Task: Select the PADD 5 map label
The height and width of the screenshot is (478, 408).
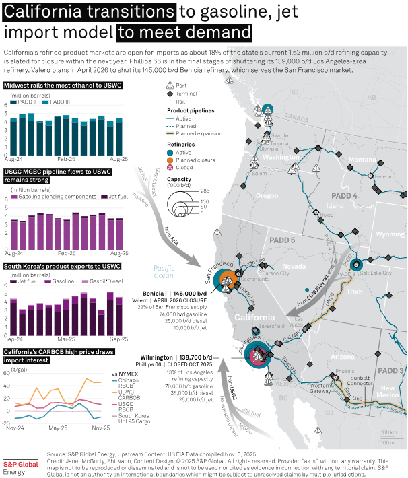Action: pos(282,240)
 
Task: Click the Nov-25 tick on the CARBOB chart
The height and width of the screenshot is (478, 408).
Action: pos(100,427)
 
